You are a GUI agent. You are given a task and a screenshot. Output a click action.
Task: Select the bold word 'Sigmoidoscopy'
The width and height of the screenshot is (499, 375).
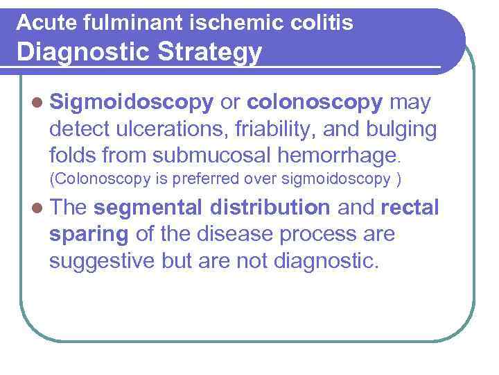click(x=131, y=103)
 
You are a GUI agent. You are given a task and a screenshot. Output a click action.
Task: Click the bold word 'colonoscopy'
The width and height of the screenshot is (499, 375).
click(x=315, y=103)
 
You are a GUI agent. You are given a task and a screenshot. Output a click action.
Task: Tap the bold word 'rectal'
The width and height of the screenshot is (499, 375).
click(x=410, y=208)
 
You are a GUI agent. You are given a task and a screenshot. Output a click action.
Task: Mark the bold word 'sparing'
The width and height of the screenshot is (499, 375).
click(x=89, y=234)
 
